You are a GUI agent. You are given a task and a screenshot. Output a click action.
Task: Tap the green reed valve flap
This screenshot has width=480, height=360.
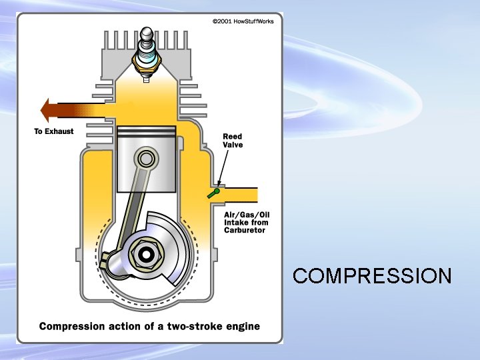pos(213,193)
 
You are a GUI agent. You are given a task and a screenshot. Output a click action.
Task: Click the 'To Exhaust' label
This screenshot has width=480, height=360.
pos(54,131)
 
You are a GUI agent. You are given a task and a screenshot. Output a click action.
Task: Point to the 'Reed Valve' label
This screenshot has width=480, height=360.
pos(233,141)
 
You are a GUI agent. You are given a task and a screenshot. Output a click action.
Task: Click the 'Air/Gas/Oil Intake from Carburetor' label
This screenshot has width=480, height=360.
pos(246,222)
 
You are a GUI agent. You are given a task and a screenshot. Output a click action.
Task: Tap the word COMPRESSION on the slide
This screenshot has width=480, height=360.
pos(372,275)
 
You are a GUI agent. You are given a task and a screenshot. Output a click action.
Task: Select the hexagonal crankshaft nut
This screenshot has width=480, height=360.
pos(145,254)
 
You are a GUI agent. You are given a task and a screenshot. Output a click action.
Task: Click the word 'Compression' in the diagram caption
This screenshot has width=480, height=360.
pos(72,327)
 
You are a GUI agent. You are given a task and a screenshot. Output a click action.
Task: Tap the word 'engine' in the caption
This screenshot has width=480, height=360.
pos(242,327)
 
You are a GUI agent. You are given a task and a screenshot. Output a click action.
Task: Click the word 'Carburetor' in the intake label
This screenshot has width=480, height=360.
pos(245,231)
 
